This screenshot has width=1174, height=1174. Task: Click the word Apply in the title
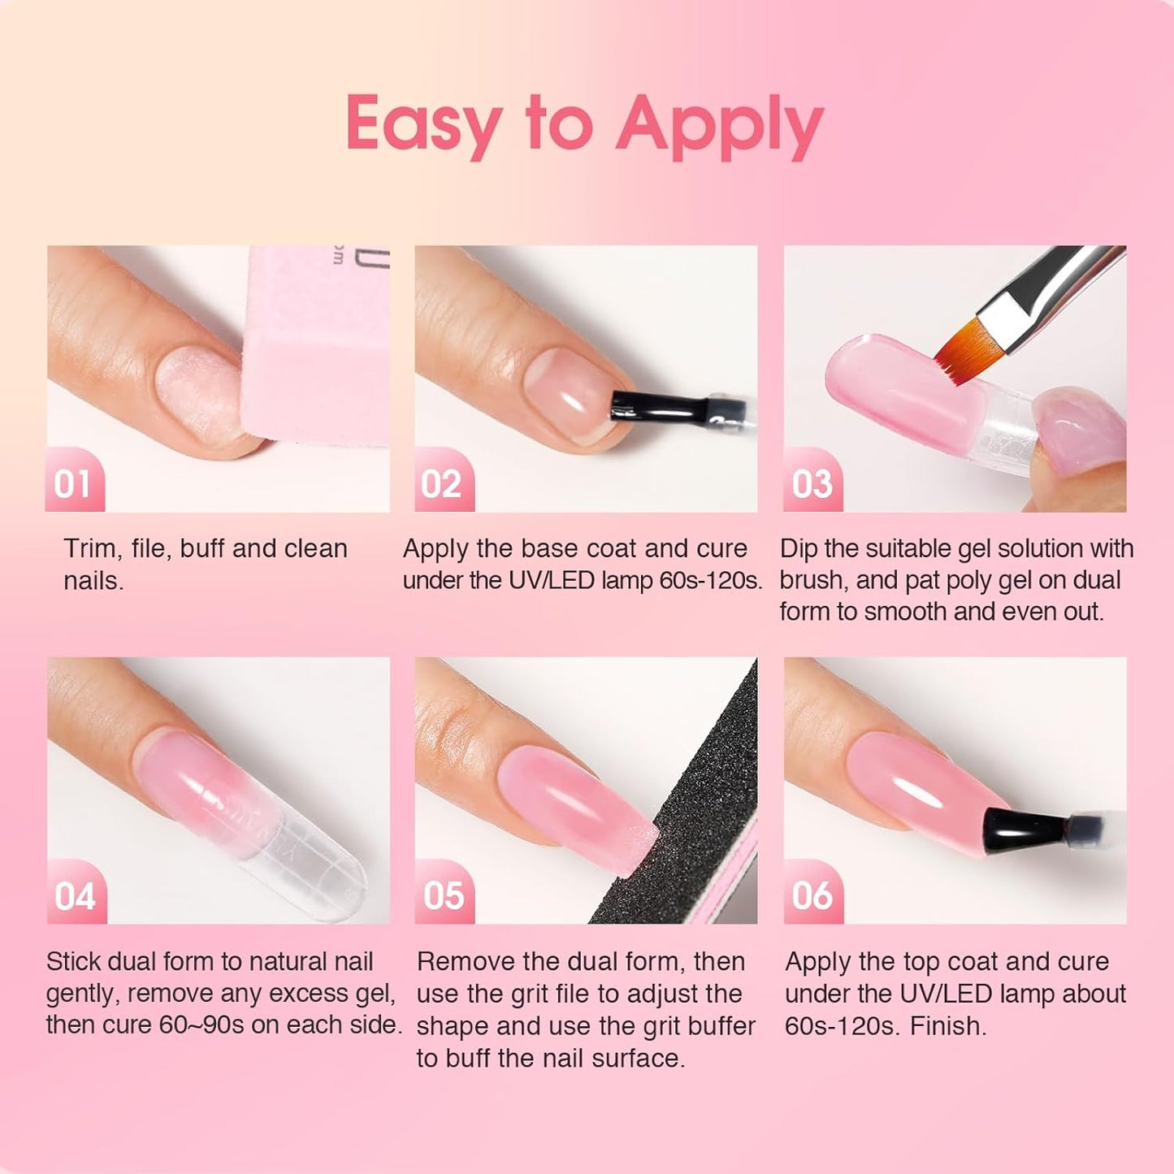click(719, 126)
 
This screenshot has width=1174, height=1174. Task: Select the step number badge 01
click(73, 484)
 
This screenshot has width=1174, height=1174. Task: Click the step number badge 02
click(442, 484)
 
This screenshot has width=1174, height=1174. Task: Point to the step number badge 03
click(812, 484)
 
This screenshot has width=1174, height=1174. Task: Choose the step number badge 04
click(75, 896)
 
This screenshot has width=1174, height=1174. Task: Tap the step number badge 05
click(444, 895)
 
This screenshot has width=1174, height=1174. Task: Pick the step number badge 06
click(812, 895)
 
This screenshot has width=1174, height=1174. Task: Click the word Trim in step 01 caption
click(89, 549)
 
